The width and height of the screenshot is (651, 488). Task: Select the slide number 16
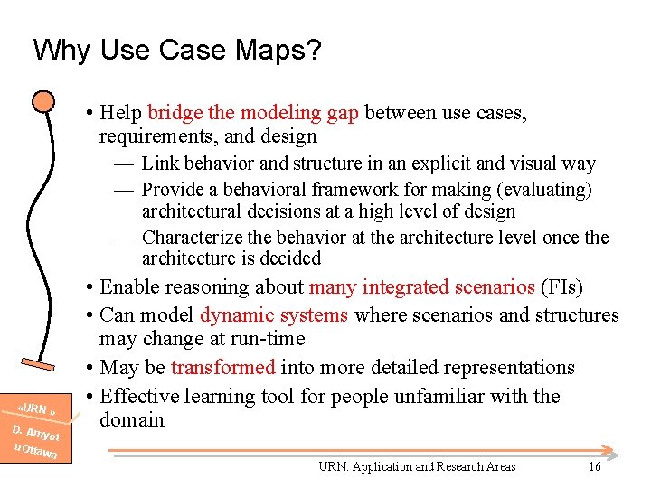[594, 466]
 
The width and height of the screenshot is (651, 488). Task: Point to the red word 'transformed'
[222, 368]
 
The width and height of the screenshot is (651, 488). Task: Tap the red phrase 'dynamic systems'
[274, 315]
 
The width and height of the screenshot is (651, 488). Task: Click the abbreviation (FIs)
[561, 287]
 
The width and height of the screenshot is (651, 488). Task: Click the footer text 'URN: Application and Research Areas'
[417, 466]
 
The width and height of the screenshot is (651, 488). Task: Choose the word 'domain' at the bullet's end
[132, 419]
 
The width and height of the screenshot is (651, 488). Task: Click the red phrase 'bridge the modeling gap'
[252, 113]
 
